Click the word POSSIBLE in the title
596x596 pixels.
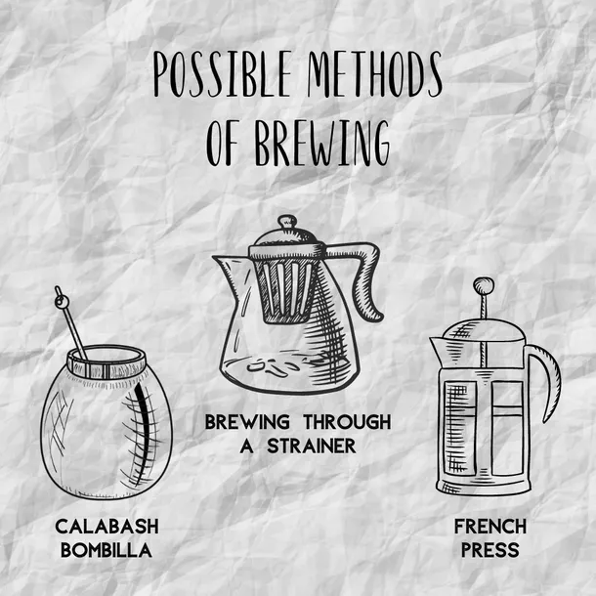223,74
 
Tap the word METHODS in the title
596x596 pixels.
375,74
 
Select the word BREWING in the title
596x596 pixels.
322,144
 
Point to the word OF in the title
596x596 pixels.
223,144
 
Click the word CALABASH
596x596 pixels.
106,527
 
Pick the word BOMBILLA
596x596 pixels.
106,550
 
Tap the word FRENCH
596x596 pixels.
490,527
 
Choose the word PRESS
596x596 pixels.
490,550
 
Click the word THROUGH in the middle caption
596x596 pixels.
347,422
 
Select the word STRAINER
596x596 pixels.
312,446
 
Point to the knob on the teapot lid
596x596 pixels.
287,222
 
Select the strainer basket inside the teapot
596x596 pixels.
286,286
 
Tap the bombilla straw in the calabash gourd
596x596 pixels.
71,323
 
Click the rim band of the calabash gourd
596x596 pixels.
106,363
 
